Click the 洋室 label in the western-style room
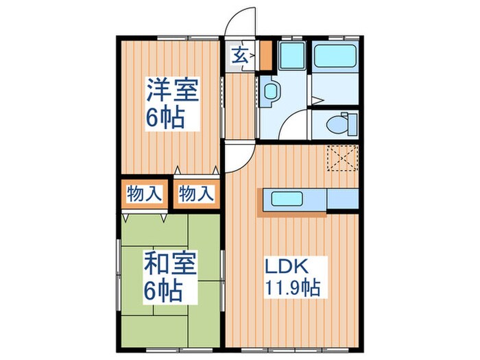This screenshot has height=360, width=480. coord(171,91)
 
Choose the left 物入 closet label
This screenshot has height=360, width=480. coord(145,194)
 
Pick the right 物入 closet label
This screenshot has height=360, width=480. coord(197,194)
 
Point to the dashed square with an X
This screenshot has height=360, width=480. coord(341,160)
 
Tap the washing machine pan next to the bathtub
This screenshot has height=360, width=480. coord(291,56)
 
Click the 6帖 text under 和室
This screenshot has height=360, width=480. coord(163,291)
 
